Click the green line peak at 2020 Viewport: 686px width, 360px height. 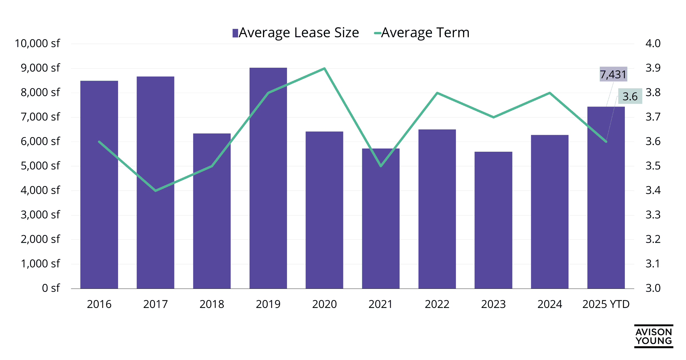[x=324, y=69]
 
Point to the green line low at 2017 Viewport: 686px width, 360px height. [x=155, y=191]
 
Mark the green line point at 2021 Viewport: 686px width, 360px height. [x=381, y=166]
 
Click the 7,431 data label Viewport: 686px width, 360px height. [x=613, y=75]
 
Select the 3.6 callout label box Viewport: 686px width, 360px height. [x=630, y=96]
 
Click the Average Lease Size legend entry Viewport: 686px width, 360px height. [x=296, y=33]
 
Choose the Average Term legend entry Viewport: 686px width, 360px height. [x=422, y=33]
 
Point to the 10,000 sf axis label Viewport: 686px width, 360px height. [x=37, y=43]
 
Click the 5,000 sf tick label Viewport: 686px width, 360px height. [x=40, y=166]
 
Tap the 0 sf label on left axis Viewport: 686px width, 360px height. [x=51, y=288]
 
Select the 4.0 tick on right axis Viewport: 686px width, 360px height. [x=653, y=43]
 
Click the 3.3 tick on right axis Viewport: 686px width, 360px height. [x=653, y=215]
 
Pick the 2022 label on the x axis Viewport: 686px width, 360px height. [x=437, y=304]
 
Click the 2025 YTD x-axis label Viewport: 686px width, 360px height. [x=606, y=304]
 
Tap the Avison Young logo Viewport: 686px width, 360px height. [x=653, y=336]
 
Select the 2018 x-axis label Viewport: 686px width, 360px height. [x=212, y=304]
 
